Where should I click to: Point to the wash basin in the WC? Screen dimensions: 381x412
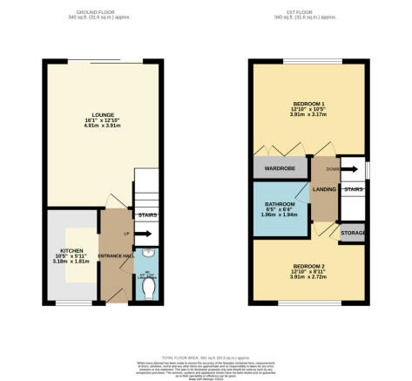(147, 255)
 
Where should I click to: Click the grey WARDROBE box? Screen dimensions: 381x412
(275, 169)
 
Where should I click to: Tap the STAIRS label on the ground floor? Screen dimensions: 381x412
(147, 214)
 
